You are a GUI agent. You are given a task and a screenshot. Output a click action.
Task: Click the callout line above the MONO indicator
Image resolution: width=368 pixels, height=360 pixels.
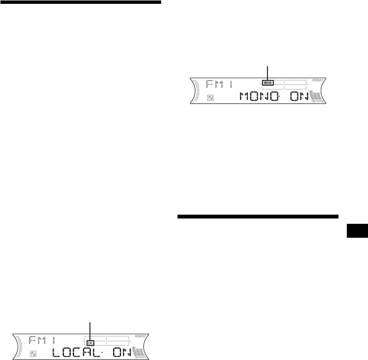pyautogui.click(x=268, y=72)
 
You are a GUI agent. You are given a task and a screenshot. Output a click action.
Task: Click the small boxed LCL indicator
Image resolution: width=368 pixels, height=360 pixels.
pyautogui.click(x=90, y=342)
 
